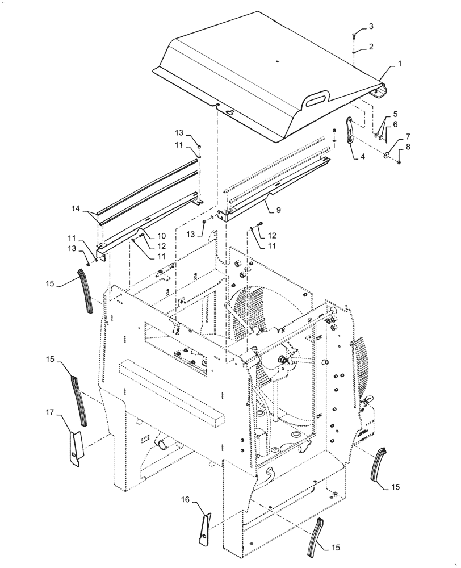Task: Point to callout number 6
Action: pos(396,124)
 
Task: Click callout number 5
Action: pos(396,114)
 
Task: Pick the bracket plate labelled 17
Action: pos(76,448)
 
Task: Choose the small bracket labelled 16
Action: pos(204,528)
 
